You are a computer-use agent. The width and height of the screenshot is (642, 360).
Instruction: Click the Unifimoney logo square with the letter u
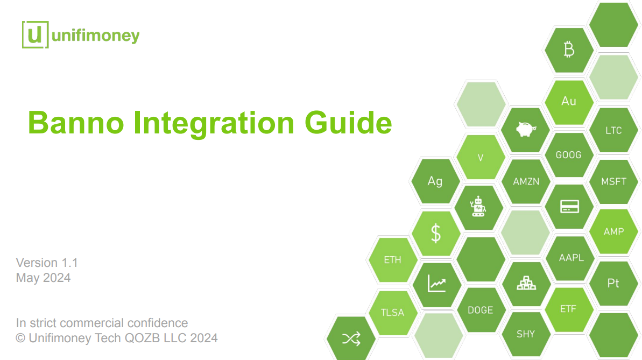[35, 35]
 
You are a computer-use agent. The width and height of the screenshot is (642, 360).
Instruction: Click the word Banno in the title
[76, 123]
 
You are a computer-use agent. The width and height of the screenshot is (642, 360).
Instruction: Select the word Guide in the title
[348, 123]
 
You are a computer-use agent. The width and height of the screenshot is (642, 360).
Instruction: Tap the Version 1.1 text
[47, 263]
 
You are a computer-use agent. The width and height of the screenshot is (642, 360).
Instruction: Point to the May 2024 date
[43, 278]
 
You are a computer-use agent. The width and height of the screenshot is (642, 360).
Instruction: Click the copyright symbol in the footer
[20, 338]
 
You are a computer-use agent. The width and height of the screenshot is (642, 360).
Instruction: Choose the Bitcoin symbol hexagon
[569, 50]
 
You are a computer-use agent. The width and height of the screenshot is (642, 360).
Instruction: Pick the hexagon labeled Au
[569, 102]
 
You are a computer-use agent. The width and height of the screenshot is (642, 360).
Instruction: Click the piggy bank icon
[526, 130]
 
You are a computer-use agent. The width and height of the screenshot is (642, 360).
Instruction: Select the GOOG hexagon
[569, 155]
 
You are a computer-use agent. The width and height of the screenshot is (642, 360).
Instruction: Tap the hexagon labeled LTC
[613, 130]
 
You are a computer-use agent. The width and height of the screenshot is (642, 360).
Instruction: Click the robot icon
[478, 207]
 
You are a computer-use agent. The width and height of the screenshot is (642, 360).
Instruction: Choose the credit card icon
[569, 207]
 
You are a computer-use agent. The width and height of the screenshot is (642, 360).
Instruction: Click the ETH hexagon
[393, 260]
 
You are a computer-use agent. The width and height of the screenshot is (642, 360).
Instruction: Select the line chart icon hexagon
[436, 284]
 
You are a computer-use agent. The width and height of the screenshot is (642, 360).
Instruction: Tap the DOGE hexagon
[481, 310]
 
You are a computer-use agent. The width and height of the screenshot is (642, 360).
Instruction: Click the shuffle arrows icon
[351, 338]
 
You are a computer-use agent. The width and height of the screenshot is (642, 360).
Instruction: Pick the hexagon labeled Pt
[613, 284]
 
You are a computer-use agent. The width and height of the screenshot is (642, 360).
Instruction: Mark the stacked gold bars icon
[526, 283]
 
